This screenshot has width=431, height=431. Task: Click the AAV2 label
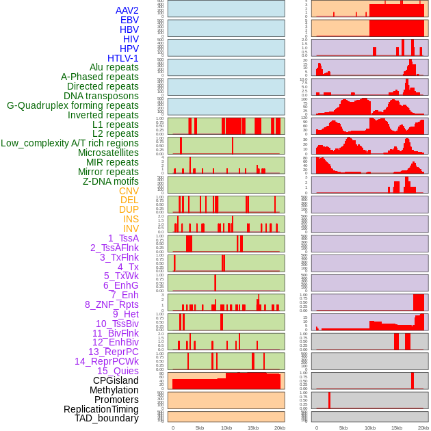tap(127, 10)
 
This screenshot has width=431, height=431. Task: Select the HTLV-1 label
tap(123, 58)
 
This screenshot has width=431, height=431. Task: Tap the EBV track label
tap(129, 20)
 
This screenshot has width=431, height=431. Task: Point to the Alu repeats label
tap(114, 67)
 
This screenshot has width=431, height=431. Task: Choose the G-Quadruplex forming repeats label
tap(73, 105)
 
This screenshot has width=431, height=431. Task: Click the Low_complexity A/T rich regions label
tap(70, 143)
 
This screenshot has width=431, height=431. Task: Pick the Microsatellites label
tap(108, 153)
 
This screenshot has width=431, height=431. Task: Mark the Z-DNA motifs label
tap(111, 181)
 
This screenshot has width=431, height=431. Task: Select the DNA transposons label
tap(101, 96)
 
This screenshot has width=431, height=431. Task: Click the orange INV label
tap(131, 228)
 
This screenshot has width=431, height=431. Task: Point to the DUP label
tap(129, 209)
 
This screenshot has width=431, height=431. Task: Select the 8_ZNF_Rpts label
tap(112, 304)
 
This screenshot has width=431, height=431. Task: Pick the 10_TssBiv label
tap(117, 324)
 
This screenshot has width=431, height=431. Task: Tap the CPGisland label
tap(116, 380)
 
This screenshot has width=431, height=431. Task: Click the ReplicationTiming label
tap(101, 409)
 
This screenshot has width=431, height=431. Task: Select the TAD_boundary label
tap(107, 418)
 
